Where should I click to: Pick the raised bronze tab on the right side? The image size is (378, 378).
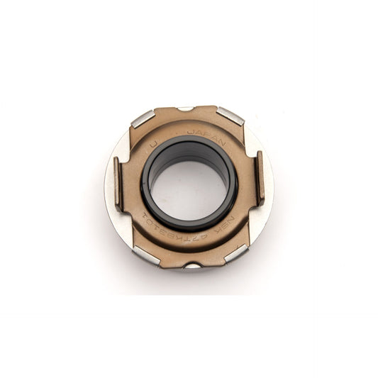tap(260, 177)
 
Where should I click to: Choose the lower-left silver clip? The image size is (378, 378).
tap(147, 255)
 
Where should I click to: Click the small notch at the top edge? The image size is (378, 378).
tap(185, 109)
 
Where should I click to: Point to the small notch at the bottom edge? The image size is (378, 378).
tap(193, 266)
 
